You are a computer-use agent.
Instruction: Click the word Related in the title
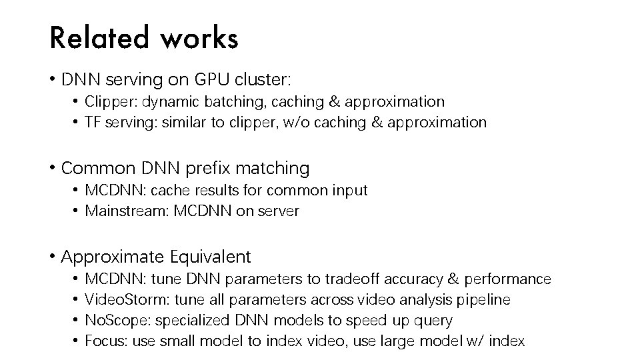[97, 39]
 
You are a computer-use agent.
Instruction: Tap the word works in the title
[199, 39]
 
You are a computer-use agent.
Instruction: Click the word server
[279, 211]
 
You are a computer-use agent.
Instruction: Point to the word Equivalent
[211, 257]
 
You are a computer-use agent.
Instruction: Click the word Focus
[105, 342]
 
